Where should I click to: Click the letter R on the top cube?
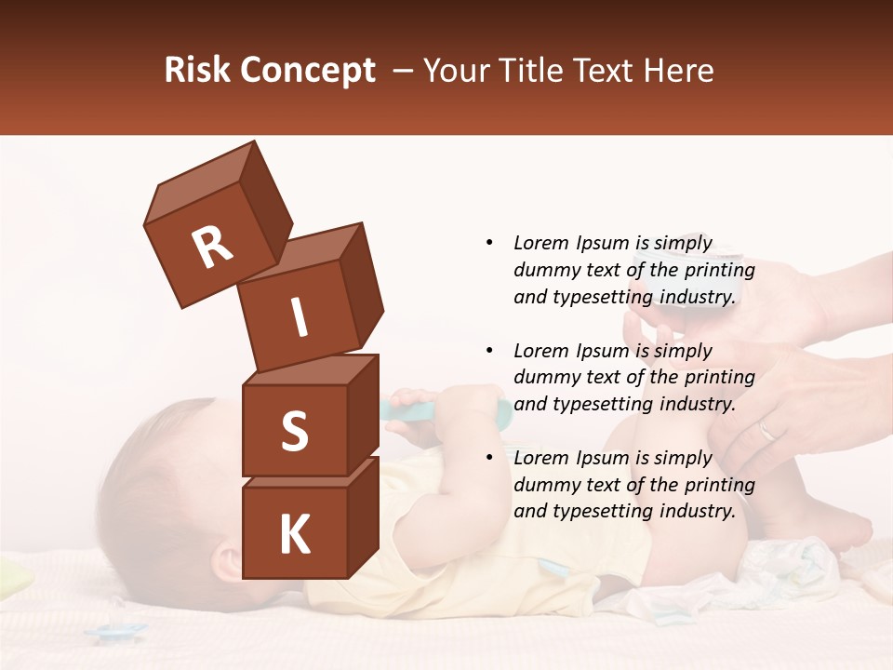click(212, 248)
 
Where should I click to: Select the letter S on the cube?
click(294, 432)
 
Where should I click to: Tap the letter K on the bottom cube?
click(294, 535)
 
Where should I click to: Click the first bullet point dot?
click(489, 244)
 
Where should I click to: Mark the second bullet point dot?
click(489, 351)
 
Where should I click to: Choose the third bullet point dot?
click(489, 458)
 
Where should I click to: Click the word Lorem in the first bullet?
click(540, 244)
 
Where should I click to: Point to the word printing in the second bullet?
click(719, 378)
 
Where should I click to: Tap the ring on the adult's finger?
click(766, 430)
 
